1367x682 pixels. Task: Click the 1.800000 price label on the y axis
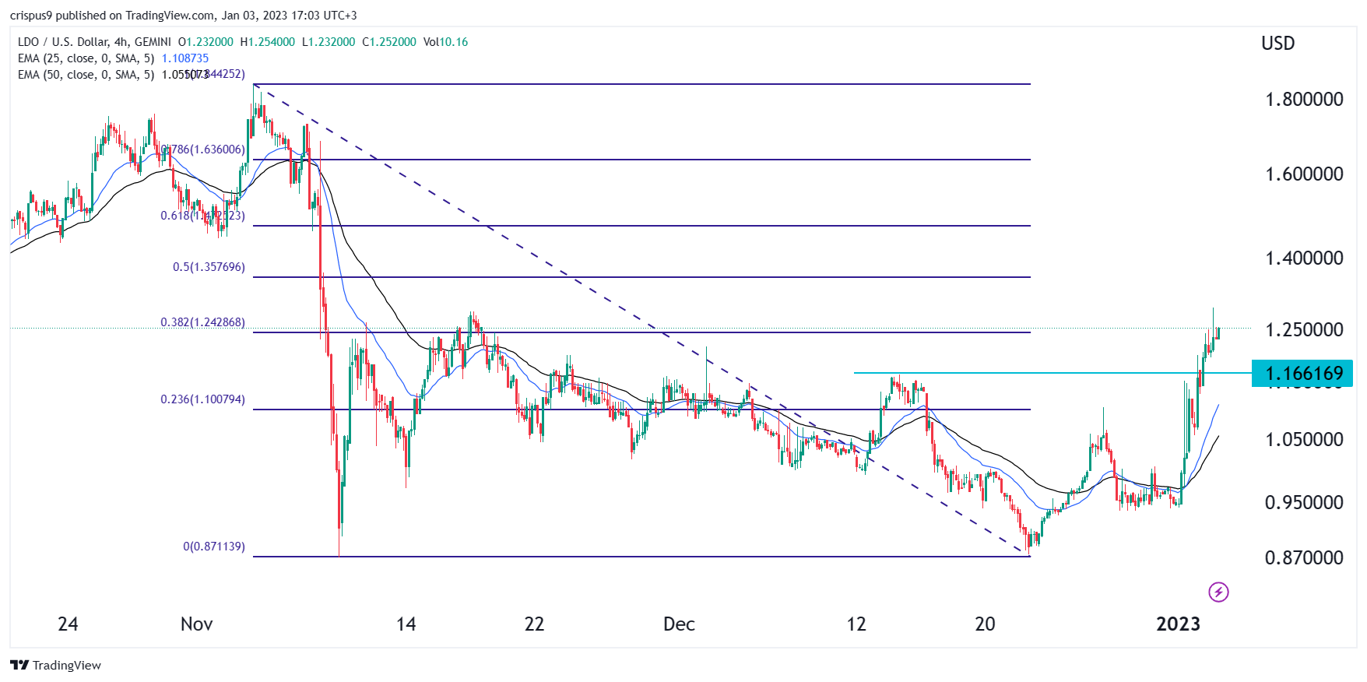coord(1304,100)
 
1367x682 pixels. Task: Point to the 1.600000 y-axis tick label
coord(1304,174)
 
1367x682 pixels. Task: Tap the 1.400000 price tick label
coord(1304,258)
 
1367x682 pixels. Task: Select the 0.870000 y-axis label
coord(1304,558)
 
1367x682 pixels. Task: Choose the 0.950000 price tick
coord(1304,503)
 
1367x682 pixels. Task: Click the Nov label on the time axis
coord(196,624)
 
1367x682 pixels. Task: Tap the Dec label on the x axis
coord(679,624)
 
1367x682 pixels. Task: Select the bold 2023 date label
coord(1178,624)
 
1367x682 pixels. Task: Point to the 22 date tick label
coord(534,624)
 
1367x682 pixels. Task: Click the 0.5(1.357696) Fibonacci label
coord(209,267)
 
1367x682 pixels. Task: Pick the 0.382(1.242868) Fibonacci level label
coord(202,322)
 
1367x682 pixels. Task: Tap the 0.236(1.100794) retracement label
coord(202,399)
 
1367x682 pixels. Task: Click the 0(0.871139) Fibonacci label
coord(214,547)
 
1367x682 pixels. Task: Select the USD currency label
coord(1277,44)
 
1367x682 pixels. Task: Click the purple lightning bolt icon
coord(1218,592)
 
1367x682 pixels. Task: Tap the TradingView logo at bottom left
coord(56,666)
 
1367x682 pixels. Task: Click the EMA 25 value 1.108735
coord(185,58)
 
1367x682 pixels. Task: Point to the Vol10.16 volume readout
coord(445,42)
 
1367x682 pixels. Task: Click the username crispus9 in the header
coord(31,16)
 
